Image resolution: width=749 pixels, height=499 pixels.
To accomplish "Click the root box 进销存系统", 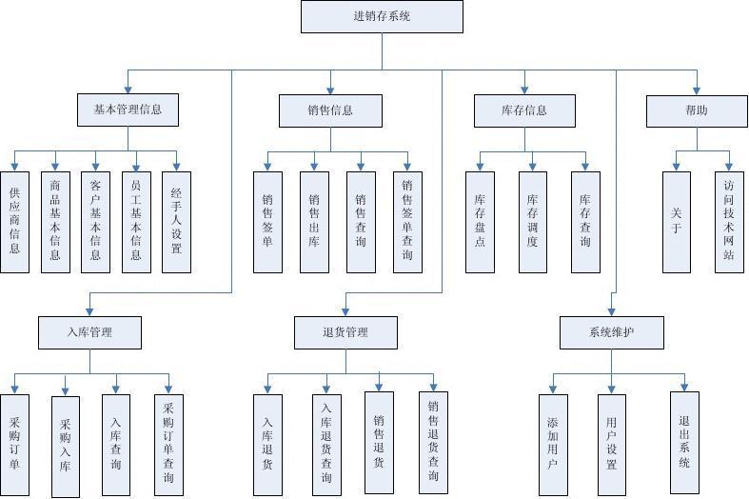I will pos(383,16).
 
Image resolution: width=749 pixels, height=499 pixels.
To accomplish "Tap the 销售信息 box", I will pos(330,110).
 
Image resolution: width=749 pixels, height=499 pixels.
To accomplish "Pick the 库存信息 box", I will pos(524,110).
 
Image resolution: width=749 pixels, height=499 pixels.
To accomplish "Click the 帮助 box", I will pos(697,110).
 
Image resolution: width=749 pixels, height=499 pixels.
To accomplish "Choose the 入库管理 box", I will pos(90,332).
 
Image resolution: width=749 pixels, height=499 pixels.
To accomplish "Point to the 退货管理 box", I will pos(345,332).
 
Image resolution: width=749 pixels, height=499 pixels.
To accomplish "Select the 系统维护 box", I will pos(610,332).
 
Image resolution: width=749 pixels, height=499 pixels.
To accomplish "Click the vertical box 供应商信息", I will pos(14,222).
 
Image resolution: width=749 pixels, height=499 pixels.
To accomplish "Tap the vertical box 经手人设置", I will pos(176,222).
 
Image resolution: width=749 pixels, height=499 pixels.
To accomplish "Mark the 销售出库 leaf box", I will pos(314,222).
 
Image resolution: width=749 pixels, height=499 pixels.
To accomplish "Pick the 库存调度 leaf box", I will pos(532,222).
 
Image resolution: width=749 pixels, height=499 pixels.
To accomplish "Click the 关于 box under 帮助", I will pos(677,222).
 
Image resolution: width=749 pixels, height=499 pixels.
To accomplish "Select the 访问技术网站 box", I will pos(729,222).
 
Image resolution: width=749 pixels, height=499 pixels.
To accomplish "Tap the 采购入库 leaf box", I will pos(65,445).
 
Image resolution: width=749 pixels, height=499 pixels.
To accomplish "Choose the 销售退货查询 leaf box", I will pos(433,443).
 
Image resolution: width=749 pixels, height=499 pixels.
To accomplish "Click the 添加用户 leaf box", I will pos(553,445).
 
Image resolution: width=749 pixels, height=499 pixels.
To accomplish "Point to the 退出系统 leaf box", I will pos(684,443).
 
